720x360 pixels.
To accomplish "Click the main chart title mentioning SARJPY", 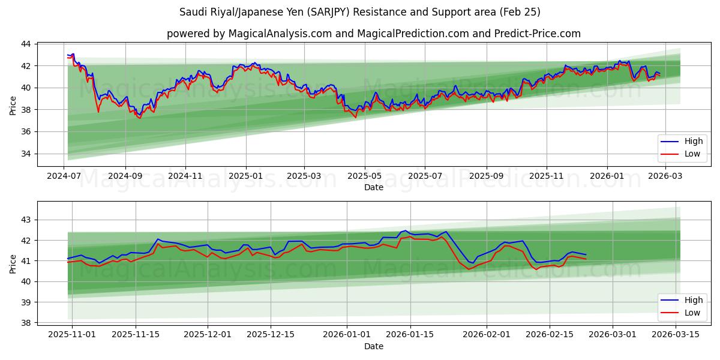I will (x=359, y=12).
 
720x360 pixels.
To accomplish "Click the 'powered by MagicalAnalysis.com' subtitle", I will (x=373, y=34).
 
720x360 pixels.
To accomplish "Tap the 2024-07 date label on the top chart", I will (x=64, y=176).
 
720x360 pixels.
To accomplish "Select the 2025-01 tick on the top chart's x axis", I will (x=245, y=176).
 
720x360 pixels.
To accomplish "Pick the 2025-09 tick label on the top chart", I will (x=485, y=176).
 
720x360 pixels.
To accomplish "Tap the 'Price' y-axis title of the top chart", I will (x=13, y=104).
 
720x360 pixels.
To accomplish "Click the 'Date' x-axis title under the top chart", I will (x=373, y=188).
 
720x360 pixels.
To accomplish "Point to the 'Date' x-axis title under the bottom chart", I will (x=373, y=346).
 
